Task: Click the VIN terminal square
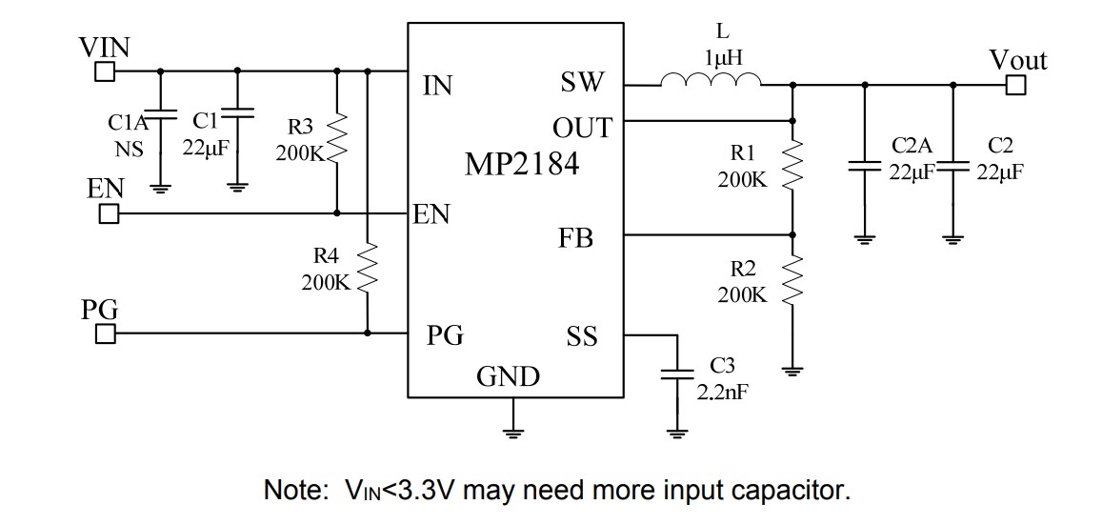[105, 71]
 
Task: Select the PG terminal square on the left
[105, 333]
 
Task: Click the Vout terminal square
[1016, 86]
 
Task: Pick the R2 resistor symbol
[792, 281]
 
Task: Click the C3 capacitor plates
[677, 373]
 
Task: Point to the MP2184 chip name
[521, 164]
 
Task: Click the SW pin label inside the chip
[582, 84]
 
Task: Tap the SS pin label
[582, 336]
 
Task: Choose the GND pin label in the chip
[508, 378]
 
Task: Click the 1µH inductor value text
[723, 58]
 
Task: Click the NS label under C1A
[130, 149]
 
